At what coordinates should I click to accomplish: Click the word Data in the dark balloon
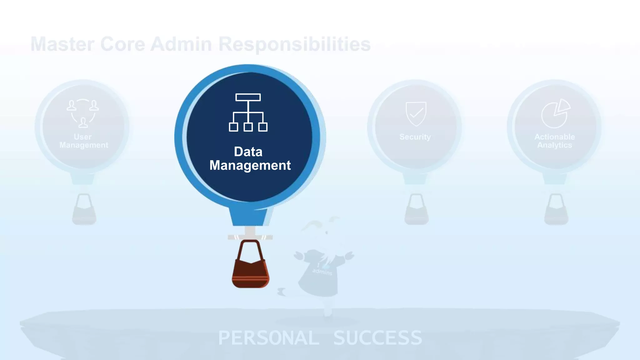[248, 152]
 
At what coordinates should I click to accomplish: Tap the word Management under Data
[250, 165]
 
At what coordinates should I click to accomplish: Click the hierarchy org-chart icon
[248, 112]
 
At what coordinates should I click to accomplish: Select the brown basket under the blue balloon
[250, 266]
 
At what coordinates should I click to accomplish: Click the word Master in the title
[62, 44]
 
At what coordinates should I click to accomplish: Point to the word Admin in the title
[181, 44]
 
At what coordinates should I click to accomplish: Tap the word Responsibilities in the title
[294, 44]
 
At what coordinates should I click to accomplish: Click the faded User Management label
[83, 141]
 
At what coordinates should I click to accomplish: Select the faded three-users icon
[83, 113]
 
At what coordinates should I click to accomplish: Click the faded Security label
[415, 137]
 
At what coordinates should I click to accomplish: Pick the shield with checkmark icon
[416, 113]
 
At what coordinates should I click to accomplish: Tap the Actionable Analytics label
[555, 141]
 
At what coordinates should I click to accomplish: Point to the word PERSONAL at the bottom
[268, 338]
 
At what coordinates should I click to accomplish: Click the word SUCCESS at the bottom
[377, 338]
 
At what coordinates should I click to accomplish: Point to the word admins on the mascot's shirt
[322, 272]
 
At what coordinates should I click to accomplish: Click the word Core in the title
[122, 44]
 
